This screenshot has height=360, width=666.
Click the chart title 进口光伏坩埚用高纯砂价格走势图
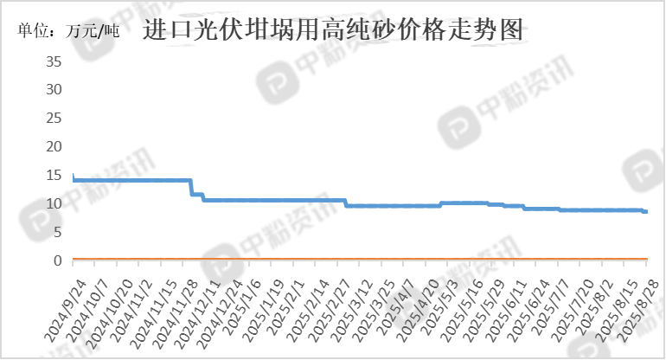point(333,29)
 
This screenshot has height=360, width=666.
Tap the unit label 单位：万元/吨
point(68,30)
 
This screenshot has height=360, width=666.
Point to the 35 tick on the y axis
point(54,61)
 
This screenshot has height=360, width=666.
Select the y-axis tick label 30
point(54,90)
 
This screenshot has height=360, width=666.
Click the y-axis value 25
point(54,119)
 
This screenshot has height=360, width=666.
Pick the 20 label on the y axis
point(54,146)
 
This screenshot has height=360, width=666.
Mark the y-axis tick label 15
point(54,175)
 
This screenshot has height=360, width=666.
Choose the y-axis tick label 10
point(54,203)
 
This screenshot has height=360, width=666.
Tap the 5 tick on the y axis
point(58,232)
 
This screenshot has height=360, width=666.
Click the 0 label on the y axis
point(58,260)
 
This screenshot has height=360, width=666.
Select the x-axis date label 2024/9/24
point(66,312)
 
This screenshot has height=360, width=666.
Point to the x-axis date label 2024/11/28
point(175,313)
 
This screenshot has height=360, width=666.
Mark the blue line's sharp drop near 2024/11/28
point(191,187)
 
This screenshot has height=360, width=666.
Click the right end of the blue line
point(646,211)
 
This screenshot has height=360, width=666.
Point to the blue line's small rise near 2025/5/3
point(441,204)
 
